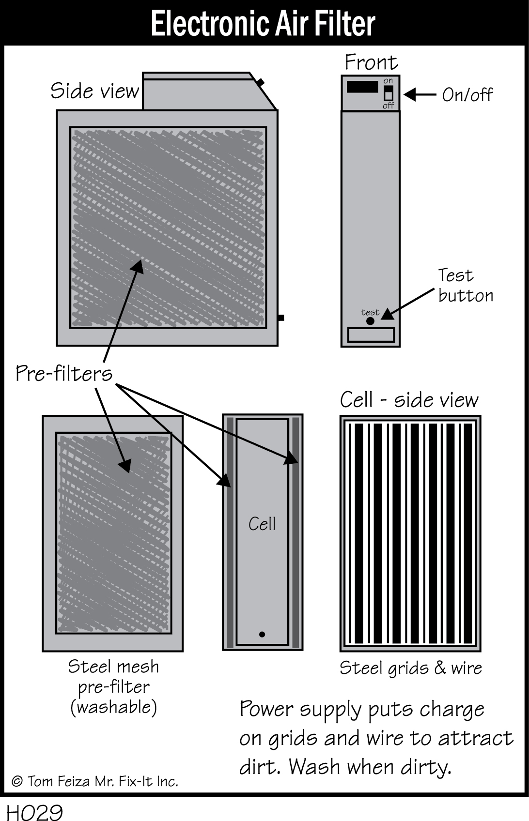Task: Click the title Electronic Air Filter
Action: click(x=263, y=23)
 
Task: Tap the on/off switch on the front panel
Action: click(x=388, y=93)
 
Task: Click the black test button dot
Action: click(x=370, y=321)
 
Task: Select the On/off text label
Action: click(x=467, y=95)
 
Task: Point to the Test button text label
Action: click(x=465, y=285)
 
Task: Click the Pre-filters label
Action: click(x=64, y=374)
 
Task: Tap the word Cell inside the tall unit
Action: click(x=262, y=524)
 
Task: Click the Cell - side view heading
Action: click(x=409, y=400)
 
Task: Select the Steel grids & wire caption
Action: click(x=410, y=668)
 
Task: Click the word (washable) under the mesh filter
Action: click(x=114, y=707)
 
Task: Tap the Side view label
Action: click(x=95, y=91)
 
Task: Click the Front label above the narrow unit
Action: click(x=371, y=62)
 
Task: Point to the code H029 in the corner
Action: click(x=34, y=812)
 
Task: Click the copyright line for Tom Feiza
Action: click(x=95, y=781)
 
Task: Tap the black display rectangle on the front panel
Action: click(x=362, y=87)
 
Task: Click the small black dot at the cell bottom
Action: click(x=262, y=634)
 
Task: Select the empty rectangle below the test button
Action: click(x=371, y=334)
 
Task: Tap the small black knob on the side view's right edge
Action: click(x=280, y=318)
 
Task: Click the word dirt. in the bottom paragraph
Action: click(x=259, y=767)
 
